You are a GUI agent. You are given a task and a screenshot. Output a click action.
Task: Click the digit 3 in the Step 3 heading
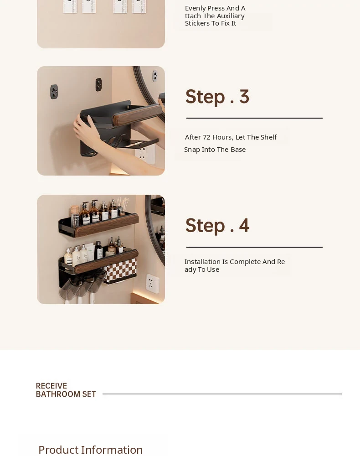pyautogui.click(x=244, y=97)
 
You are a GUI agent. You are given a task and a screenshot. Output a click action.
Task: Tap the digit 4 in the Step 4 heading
pyautogui.click(x=244, y=225)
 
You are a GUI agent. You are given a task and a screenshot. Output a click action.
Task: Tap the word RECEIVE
pyautogui.click(x=51, y=386)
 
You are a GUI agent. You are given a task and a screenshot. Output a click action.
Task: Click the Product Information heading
pyautogui.click(x=91, y=450)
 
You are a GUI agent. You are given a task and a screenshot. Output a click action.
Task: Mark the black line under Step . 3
pyautogui.click(x=255, y=118)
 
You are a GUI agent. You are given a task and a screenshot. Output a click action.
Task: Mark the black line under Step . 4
pyautogui.click(x=255, y=247)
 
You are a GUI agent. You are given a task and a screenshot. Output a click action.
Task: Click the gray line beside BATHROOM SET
pyautogui.click(x=222, y=394)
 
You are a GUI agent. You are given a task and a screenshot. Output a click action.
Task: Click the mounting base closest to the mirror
pyautogui.click(x=155, y=76)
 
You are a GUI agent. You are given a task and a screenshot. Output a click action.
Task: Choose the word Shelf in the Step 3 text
pyautogui.click(x=268, y=137)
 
